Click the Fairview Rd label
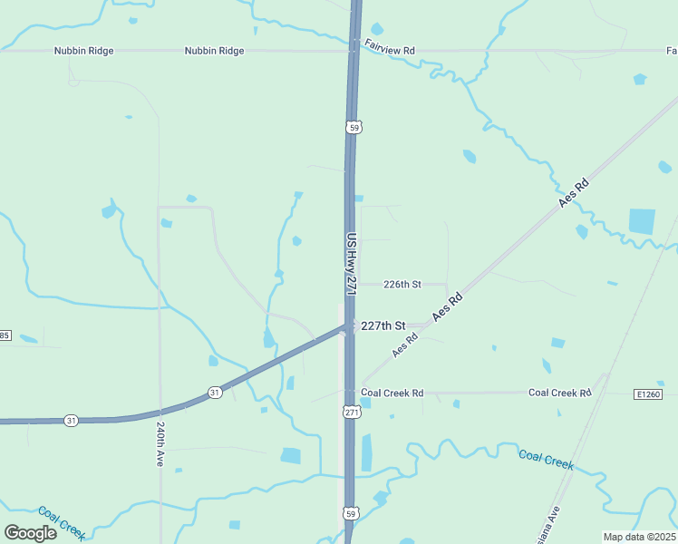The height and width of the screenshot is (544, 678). click(389, 52)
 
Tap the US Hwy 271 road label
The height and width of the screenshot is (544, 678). click(353, 263)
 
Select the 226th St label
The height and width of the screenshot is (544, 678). click(402, 284)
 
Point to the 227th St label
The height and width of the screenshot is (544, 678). click(383, 325)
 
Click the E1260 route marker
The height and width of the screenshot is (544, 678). click(649, 394)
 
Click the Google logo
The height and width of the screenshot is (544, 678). click(30, 532)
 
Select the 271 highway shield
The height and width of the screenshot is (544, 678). click(352, 413)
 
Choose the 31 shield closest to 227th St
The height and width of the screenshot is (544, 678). click(214, 392)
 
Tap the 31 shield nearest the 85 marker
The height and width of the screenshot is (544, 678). click(71, 420)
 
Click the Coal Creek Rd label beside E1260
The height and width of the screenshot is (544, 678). click(559, 393)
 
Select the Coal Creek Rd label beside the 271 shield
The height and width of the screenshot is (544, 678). click(392, 393)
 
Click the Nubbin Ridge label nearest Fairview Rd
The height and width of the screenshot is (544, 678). click(214, 52)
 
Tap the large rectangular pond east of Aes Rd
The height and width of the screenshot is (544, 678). click(642, 221)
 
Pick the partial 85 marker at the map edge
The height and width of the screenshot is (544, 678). click(4, 336)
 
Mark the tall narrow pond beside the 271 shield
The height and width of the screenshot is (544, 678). click(366, 452)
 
